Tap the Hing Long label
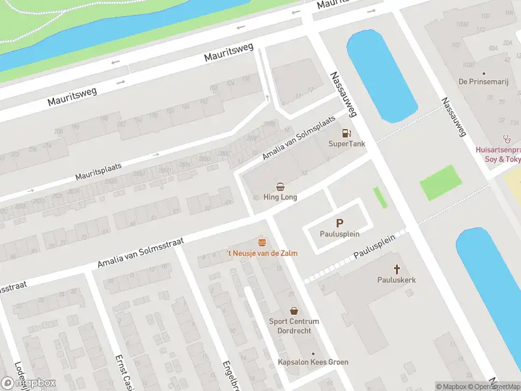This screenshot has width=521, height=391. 280,197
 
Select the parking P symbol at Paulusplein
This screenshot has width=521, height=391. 339,223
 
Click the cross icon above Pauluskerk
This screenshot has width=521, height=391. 397,268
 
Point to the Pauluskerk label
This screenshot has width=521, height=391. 397,280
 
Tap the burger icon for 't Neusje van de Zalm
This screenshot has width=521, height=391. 262,242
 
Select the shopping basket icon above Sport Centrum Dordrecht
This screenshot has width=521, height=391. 294,311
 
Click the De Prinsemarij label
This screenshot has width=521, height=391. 483,82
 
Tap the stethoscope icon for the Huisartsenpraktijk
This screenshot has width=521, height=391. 506,139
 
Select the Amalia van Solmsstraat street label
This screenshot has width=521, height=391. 140,253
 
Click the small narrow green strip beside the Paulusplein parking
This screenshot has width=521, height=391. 380,197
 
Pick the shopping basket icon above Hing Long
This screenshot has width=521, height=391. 280,186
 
